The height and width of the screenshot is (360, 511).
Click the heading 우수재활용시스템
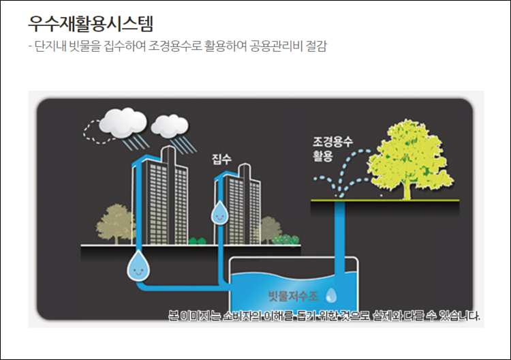[91, 23]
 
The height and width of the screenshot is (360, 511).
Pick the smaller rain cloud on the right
[169, 125]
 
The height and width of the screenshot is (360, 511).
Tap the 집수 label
[221, 160]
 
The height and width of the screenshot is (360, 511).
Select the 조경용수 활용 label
[332, 149]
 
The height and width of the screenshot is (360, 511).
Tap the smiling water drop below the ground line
[138, 266]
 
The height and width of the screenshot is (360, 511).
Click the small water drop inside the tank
[331, 295]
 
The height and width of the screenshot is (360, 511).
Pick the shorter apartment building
[241, 205]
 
